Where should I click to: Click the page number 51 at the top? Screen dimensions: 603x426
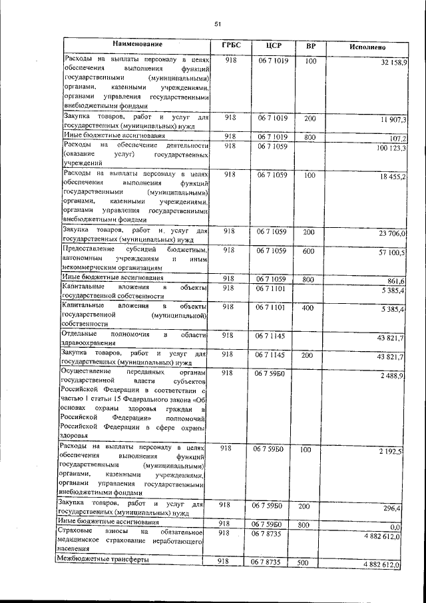[x=217, y=25]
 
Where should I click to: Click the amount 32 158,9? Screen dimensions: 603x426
[x=391, y=62]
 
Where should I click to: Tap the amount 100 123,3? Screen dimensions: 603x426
[x=391, y=149]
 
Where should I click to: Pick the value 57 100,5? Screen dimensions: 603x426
[x=391, y=254]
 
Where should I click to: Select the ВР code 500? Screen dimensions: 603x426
[x=304, y=563]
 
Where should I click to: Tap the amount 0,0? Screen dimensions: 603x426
[x=402, y=526]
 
